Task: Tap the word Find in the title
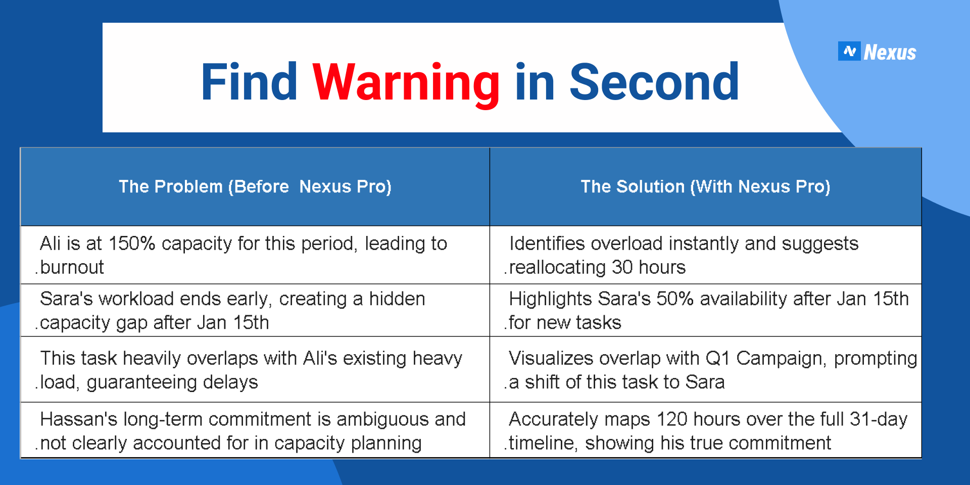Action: [x=250, y=82]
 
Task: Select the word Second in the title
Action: [x=654, y=82]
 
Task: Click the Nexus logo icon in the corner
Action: [x=849, y=51]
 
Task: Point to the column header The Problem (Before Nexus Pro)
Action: [x=255, y=186]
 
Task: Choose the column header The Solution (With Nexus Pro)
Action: [x=705, y=186]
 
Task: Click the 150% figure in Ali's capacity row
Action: [x=132, y=244]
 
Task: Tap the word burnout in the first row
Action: [x=72, y=267]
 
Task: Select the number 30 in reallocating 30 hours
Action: [x=622, y=267]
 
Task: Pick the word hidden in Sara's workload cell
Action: [x=397, y=299]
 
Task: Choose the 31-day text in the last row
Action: [x=879, y=420]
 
